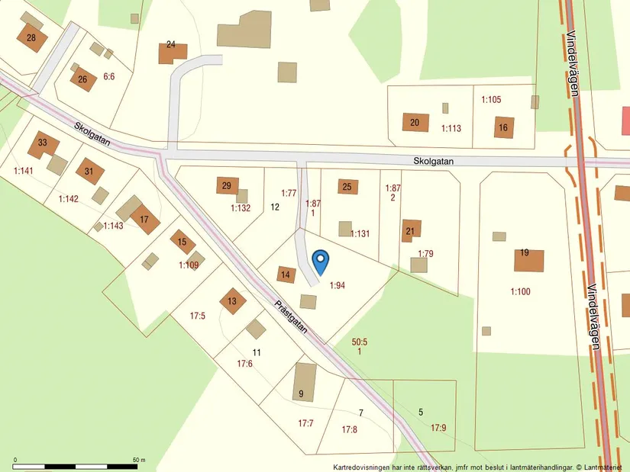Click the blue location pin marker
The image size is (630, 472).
point(321,262)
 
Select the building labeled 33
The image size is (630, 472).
point(44,144)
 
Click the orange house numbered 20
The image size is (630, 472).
point(415,122)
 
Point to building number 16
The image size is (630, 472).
point(503,127)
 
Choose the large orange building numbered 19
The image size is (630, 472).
point(528,260)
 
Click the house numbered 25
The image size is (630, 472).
point(347,186)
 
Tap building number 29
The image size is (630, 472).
point(227,185)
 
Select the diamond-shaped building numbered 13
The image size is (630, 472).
point(232,301)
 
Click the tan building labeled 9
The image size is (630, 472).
point(304,381)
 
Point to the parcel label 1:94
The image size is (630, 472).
point(338,285)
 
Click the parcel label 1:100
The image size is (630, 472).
point(520,291)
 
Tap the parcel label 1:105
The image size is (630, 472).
point(491,99)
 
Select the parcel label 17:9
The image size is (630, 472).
point(438,428)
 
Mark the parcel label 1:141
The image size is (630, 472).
point(24,171)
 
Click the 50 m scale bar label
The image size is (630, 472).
point(138,460)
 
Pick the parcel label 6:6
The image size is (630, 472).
point(108,76)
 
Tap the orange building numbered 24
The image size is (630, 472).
point(172,53)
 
